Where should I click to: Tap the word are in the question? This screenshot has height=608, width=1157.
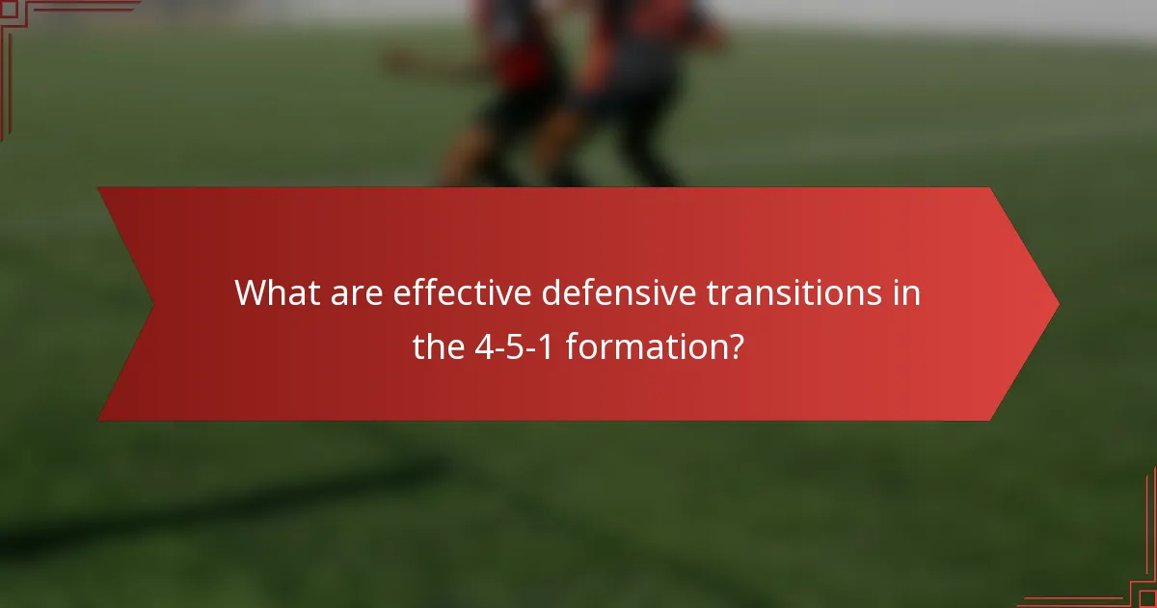coord(359,291)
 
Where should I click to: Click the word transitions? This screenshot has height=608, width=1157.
coord(787,291)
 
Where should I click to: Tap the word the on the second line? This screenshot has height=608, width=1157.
coord(440,345)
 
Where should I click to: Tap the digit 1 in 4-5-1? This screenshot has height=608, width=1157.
coord(545,345)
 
